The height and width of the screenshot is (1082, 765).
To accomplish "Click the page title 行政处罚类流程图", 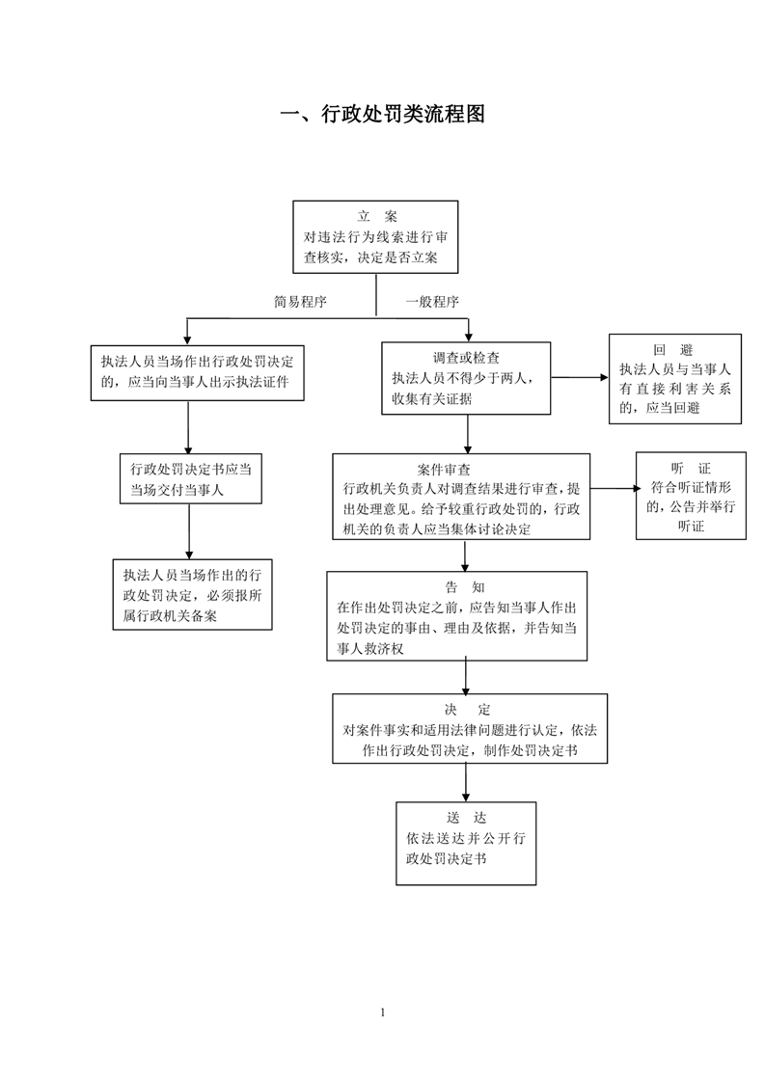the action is coord(403,114).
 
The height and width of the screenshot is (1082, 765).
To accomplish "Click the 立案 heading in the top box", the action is coord(377,217).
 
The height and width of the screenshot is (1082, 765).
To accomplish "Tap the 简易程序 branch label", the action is coord(300,302).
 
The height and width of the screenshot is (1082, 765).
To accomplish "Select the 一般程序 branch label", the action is coord(432,302).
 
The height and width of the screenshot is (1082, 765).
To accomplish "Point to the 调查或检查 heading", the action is coord(466,358).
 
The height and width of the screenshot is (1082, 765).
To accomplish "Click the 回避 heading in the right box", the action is coord(673,350).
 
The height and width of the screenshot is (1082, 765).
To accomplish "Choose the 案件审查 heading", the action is coord(444,470).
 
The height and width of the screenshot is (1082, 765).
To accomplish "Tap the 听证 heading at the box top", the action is coord(691,469).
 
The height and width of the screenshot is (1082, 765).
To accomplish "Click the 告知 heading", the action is coord(465,587).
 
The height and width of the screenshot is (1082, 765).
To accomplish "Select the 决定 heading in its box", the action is coord(468,710).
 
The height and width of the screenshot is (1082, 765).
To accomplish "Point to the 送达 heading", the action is coord(466,818).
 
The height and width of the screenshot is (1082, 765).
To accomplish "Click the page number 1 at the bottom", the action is coord(382,1013).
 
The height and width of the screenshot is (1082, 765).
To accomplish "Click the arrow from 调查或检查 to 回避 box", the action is coord(580,377).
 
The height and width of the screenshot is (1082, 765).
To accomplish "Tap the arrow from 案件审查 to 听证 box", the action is coord(615,489).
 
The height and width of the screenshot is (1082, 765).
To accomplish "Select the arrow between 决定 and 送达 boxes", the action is coord(466,782).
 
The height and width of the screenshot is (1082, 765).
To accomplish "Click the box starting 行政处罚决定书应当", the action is coord(191,478).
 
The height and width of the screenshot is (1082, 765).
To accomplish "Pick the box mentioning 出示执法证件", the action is coord(198,372).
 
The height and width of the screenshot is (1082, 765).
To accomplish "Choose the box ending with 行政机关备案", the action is coord(193,595).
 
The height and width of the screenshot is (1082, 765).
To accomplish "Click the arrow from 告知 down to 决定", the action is coord(466,678).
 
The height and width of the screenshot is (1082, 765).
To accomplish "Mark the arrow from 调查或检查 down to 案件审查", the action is coord(468,434).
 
